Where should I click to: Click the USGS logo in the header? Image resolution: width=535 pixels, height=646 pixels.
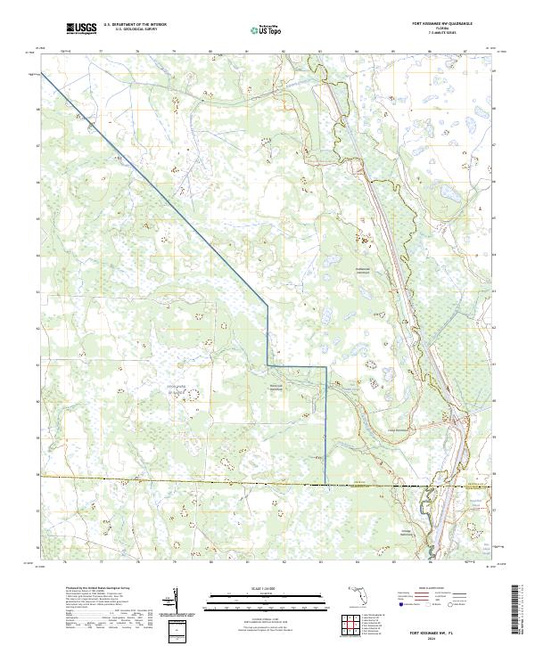pyautogui.click(x=81, y=29)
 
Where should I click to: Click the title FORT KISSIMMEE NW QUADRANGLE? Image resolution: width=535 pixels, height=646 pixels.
pyautogui.click(x=439, y=23)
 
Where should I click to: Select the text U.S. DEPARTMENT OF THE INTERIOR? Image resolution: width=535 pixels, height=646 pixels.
pyautogui.click(x=135, y=25)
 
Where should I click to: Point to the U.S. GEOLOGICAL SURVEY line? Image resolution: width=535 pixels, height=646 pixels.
pyautogui.click(x=135, y=29)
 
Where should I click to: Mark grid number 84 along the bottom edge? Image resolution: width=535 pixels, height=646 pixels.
pyautogui.click(x=357, y=561)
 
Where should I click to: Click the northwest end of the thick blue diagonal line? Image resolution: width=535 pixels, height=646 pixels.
pyautogui.click(x=42, y=75)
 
